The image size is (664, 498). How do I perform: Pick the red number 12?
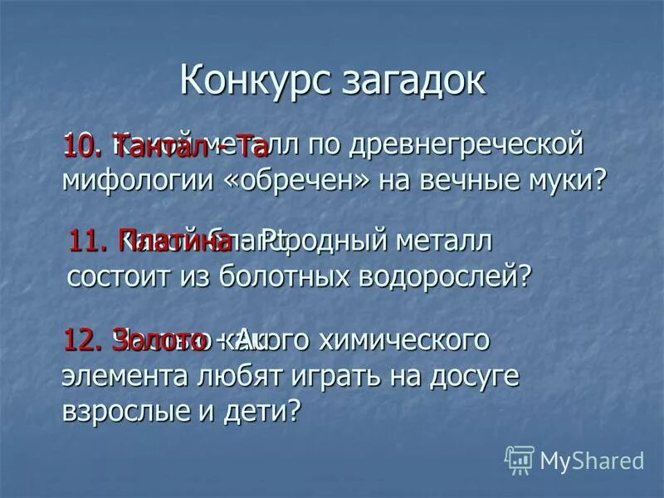tap(84, 340)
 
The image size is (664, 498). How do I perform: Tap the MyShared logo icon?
tap(520, 459)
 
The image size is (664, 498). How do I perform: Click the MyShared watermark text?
tap(592, 460)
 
